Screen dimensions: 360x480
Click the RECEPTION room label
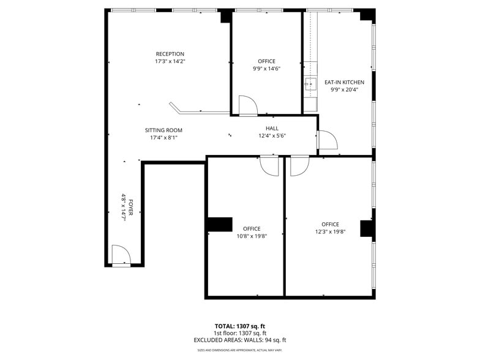170,54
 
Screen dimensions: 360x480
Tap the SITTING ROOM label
163,130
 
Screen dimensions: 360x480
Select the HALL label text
272,128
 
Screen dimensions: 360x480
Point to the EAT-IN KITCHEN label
344,82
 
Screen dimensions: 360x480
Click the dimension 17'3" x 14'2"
170,61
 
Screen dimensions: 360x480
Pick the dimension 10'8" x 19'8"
251,236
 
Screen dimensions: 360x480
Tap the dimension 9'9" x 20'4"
344,89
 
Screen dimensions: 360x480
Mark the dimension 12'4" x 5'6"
272,135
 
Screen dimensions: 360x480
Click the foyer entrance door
121,256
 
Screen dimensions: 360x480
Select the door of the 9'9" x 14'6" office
248,105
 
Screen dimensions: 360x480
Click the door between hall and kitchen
327,141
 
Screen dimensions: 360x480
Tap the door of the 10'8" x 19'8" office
269,165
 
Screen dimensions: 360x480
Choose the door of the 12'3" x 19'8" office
299,166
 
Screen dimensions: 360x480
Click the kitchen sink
310,84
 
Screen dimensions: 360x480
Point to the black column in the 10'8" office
220,224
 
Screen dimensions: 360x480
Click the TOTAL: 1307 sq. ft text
239,326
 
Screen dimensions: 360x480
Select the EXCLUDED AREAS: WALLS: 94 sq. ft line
239,340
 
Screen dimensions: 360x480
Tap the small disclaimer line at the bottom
239,350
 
